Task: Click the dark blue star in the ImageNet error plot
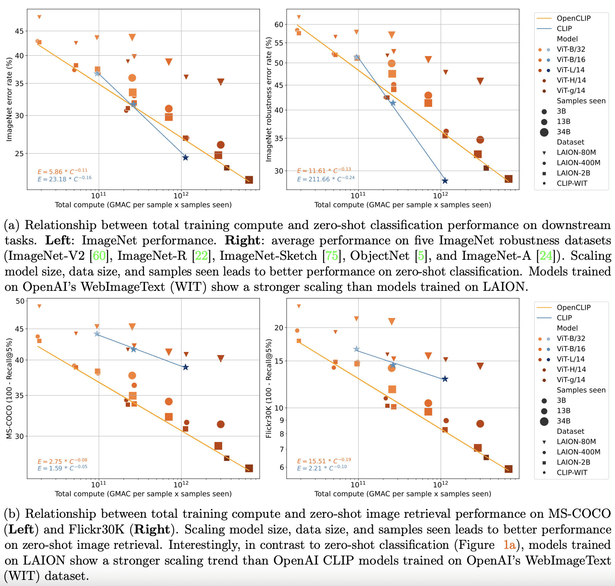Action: coord(185,158)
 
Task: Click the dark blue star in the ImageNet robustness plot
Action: coord(445,181)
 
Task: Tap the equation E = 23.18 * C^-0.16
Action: coord(65,179)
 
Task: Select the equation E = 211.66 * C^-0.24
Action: coord(326,179)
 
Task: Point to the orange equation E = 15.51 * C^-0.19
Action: coord(324,461)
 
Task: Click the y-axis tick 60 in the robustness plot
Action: coord(279,25)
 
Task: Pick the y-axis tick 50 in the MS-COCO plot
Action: coord(20,301)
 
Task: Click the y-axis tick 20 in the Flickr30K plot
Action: coord(279,328)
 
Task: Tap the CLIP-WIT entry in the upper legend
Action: coord(572,183)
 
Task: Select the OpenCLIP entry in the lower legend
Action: coord(574,307)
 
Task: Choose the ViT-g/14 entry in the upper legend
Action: coord(571,90)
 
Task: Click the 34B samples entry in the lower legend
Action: coord(563,421)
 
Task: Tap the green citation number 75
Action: coord(332,256)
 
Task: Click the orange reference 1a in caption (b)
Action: coord(509,545)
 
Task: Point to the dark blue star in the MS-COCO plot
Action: coord(185,367)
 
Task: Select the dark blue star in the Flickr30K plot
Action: coord(445,379)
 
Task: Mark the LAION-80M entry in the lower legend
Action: coord(576,442)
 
